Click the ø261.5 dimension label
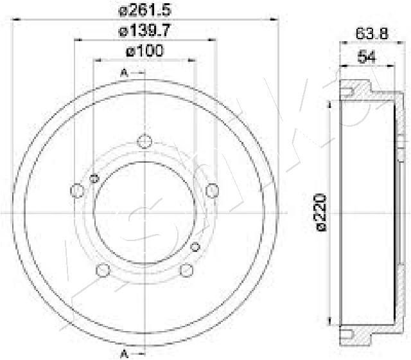(145, 10)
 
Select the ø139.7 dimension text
(144, 30)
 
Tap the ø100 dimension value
(144, 51)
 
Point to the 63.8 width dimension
(372, 34)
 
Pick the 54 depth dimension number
(367, 57)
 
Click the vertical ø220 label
(321, 213)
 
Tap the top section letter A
(124, 73)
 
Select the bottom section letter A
(124, 354)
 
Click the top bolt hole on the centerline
(144, 141)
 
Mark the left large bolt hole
(77, 190)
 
